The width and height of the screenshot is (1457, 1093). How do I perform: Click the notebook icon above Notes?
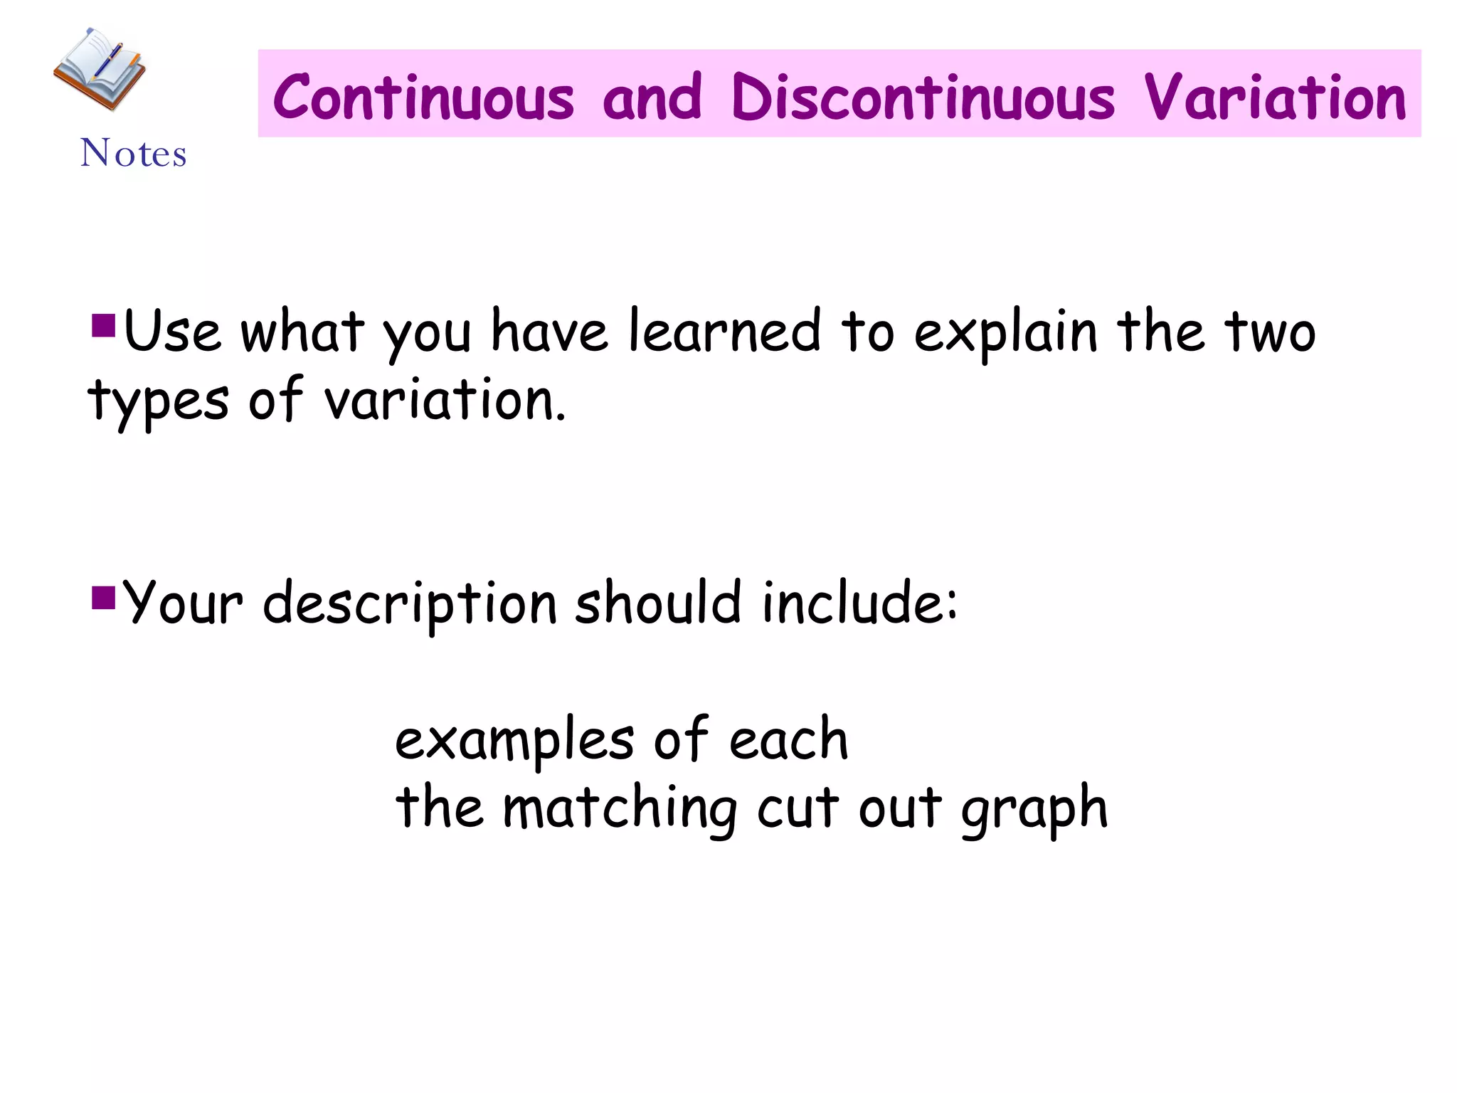100,69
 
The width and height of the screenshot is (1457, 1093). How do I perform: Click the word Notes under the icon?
134,153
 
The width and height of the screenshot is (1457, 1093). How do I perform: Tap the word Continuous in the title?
423,97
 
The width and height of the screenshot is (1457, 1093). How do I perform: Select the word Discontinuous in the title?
923,97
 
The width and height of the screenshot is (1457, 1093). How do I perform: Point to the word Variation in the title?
1275,97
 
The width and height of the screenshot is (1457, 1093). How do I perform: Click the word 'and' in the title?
652,97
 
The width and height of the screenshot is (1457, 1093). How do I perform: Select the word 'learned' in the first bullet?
725,332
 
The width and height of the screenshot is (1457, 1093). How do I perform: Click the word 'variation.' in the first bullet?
445,400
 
